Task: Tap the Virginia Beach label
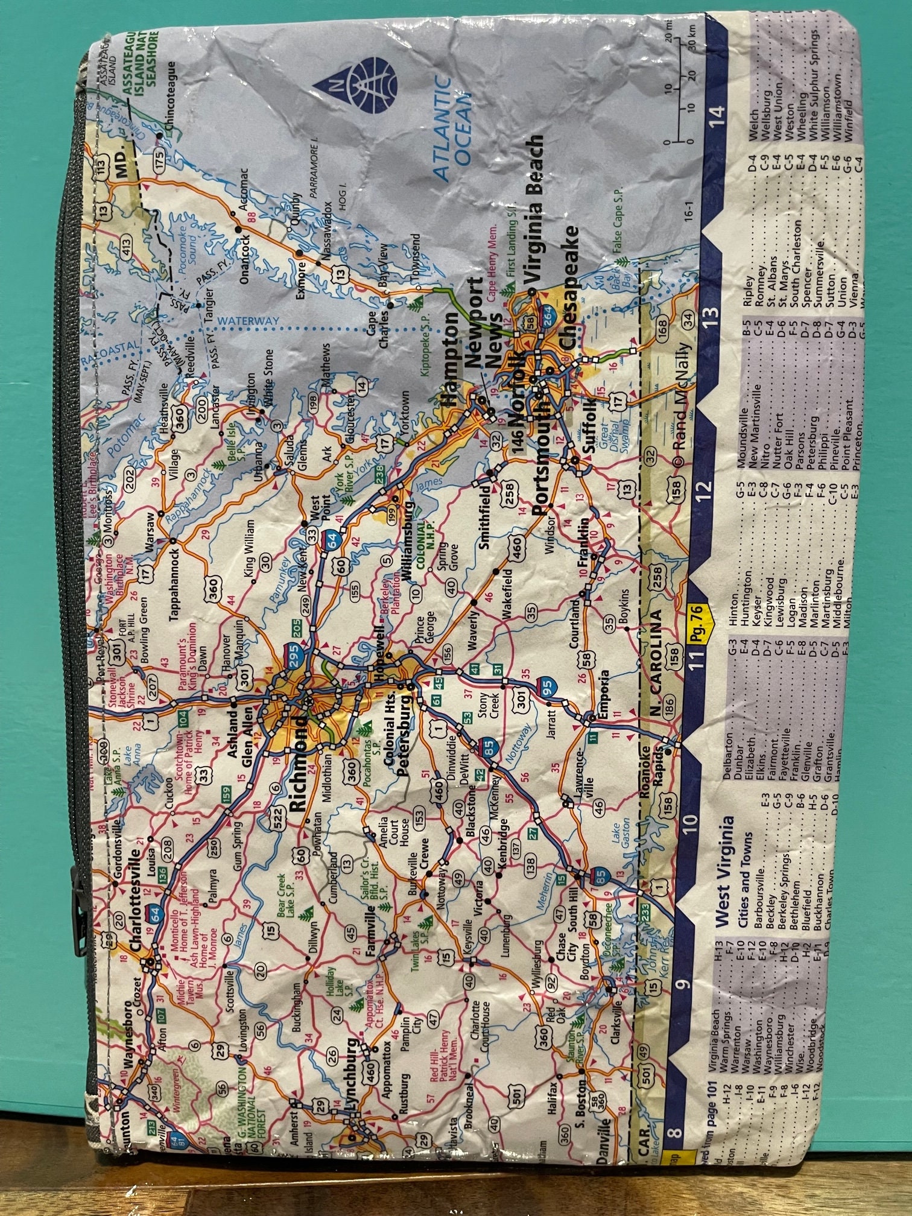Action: point(533,207)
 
